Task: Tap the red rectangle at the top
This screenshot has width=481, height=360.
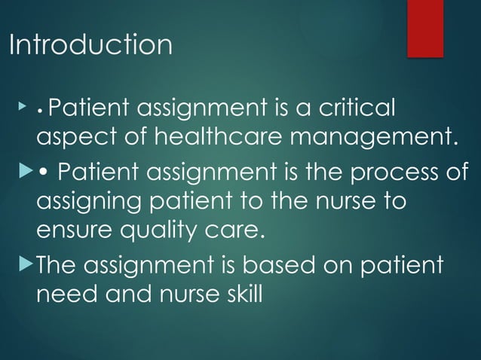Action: pos(425,28)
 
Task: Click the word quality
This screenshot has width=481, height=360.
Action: pos(153,230)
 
